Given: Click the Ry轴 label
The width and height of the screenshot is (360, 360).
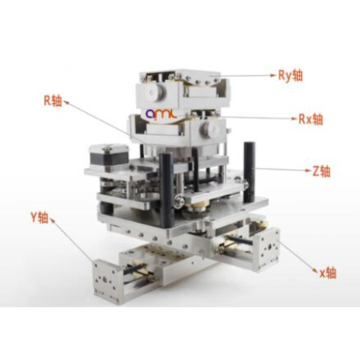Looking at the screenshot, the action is click(x=290, y=75).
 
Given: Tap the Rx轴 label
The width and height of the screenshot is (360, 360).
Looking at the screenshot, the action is click(x=310, y=119).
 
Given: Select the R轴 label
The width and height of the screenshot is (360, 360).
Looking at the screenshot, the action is click(x=53, y=101).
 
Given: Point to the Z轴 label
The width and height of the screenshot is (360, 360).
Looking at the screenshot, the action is click(x=322, y=171).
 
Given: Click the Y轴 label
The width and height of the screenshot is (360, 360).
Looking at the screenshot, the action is click(x=39, y=217).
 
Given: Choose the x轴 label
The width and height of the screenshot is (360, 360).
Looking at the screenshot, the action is click(x=328, y=273).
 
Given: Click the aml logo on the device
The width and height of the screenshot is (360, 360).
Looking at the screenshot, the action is click(x=161, y=114).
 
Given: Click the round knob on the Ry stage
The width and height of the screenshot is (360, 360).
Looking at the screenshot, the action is click(x=155, y=92).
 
